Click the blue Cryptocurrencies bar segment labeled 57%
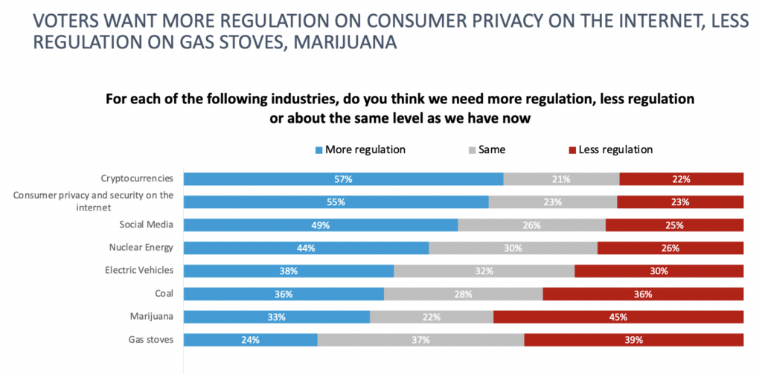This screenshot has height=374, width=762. click(343, 178)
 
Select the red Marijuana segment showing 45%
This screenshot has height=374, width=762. click(618, 317)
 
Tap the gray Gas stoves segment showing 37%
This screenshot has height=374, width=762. click(420, 340)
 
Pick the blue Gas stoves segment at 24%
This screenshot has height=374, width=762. click(250, 340)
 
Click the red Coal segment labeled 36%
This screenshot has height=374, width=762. click(643, 294)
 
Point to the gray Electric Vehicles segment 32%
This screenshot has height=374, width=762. click(484, 271)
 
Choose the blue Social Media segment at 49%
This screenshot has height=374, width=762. click(321, 225)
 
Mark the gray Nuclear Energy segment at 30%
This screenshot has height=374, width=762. click(513, 248)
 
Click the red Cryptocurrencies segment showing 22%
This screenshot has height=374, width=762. click(681, 178)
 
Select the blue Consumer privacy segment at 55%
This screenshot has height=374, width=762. click(336, 201)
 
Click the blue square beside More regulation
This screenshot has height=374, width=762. click(319, 150)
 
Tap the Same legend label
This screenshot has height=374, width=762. click(493, 149)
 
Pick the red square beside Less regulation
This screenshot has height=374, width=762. click(572, 150)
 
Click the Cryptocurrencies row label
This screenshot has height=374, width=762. click(137, 178)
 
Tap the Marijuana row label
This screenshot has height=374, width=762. click(153, 317)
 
